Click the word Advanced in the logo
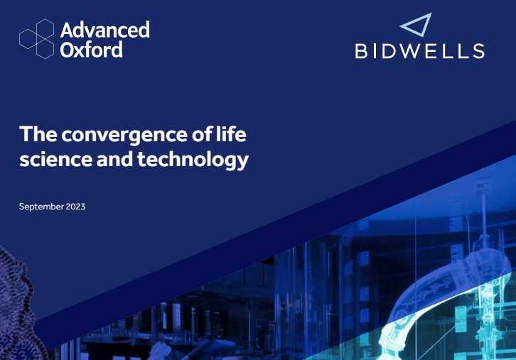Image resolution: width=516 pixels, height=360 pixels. click(x=105, y=30)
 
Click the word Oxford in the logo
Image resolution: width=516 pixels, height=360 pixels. click(x=92, y=50)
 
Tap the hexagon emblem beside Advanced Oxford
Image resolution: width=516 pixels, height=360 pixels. click(x=36, y=39)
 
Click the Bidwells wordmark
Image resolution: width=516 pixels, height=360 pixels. click(x=419, y=51)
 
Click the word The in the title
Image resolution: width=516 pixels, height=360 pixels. click(x=38, y=133)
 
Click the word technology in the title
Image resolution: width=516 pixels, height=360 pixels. click(x=193, y=160)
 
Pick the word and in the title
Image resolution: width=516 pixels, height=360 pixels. click(x=115, y=158)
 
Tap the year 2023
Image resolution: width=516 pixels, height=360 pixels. click(x=75, y=207)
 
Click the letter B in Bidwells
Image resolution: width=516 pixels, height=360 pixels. click(x=361, y=51)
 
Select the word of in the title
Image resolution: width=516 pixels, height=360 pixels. click(x=202, y=133)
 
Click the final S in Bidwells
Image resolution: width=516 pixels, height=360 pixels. click(x=479, y=51)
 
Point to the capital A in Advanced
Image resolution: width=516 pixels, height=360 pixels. click(x=67, y=30)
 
